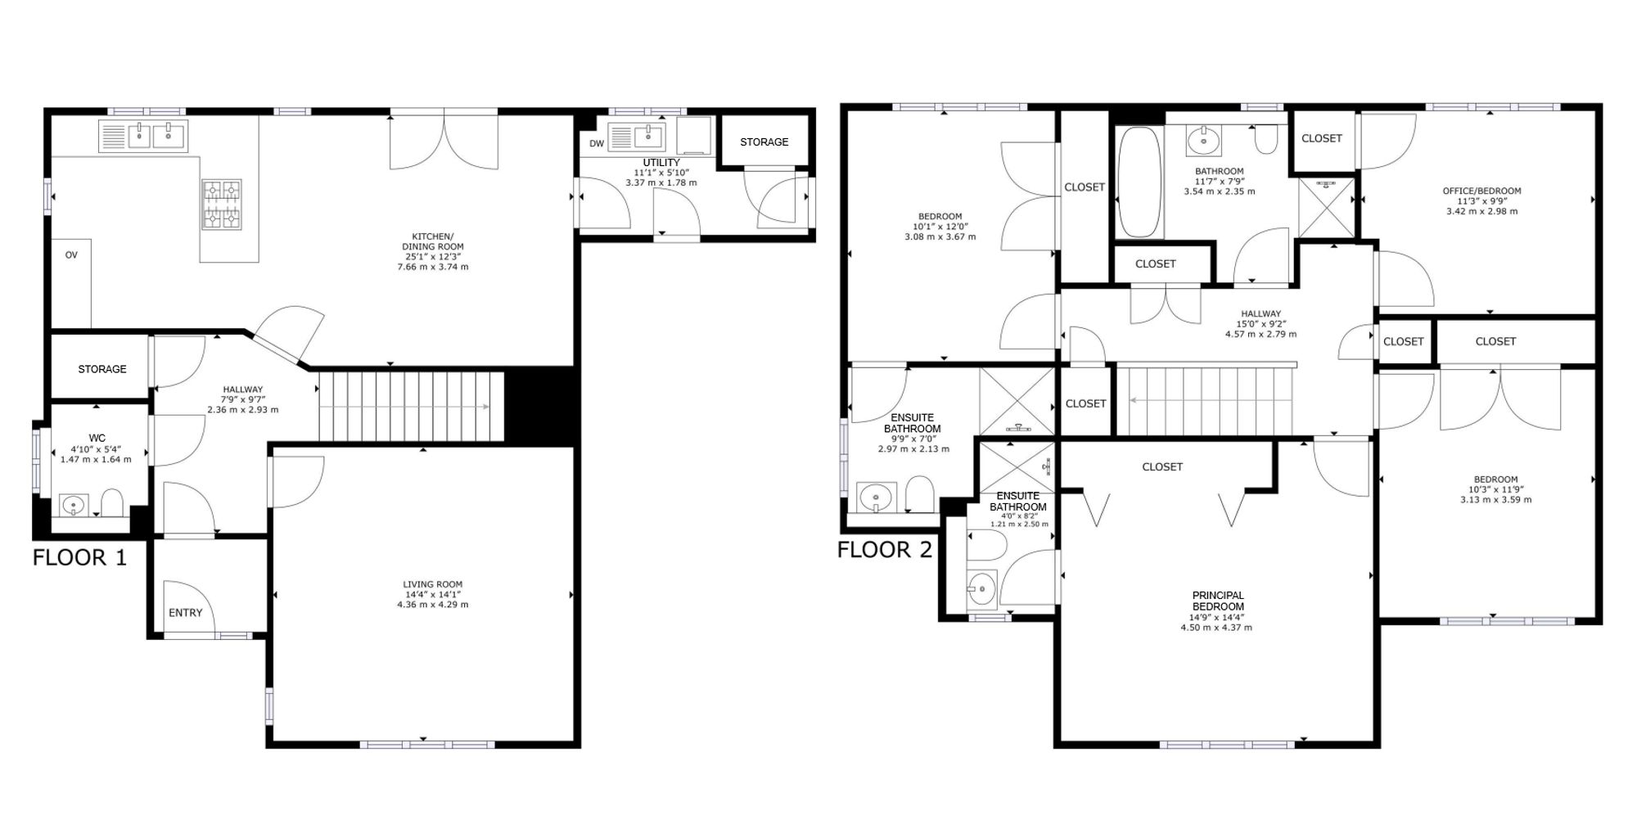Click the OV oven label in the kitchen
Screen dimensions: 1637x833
(71, 255)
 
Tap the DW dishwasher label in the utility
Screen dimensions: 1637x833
(597, 144)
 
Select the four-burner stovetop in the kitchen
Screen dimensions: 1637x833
(223, 204)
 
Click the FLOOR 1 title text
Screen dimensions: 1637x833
(80, 558)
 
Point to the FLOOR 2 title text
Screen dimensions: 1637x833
(885, 550)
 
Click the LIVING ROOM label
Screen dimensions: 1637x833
(433, 584)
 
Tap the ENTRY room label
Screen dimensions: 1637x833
(186, 613)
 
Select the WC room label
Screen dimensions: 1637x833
(97, 438)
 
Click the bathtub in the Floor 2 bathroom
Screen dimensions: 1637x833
(1139, 182)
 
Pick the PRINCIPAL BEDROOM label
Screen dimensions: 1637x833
(1218, 601)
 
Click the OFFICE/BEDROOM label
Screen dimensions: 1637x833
(1481, 191)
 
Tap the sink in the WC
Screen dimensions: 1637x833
(74, 506)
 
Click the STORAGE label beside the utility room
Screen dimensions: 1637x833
(764, 142)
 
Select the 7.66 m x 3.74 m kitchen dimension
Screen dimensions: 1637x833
(433, 267)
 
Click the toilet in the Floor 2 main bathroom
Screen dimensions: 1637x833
(1266, 139)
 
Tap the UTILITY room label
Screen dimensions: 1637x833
(661, 163)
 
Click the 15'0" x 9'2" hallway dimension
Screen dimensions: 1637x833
(1260, 324)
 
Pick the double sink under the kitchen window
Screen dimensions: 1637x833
(144, 136)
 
